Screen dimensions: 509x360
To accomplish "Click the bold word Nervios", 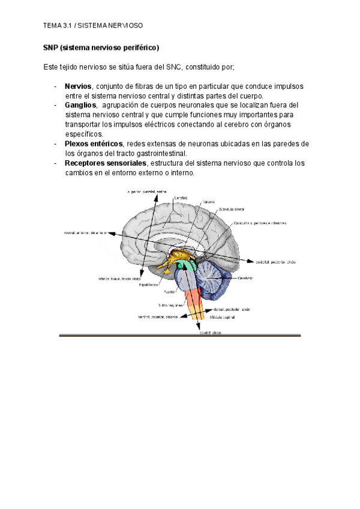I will (78, 86).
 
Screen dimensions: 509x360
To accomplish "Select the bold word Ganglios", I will (80, 105).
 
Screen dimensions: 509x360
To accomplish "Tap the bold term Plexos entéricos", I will (94, 143).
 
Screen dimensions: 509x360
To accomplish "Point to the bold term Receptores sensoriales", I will (105, 163).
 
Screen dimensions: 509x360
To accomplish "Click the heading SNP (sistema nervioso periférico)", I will (101, 47).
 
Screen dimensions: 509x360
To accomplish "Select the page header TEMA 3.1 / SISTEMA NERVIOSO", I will (93, 26).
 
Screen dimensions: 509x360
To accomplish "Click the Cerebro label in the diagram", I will (181, 197).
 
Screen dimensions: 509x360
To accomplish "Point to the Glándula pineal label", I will (232, 211).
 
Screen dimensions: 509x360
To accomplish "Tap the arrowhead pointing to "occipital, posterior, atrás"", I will (252, 262).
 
